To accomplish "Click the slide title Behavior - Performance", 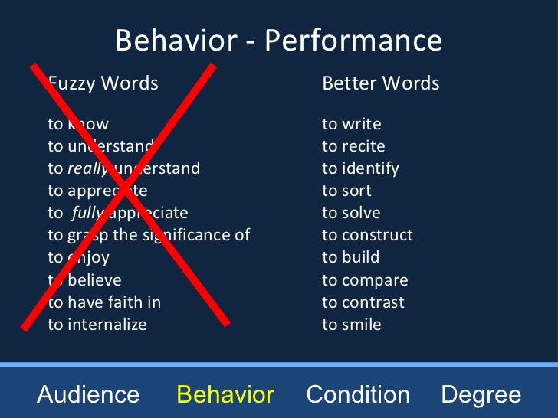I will click(278, 41).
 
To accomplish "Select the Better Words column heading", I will click(381, 83).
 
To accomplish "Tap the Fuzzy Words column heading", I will click(103, 83).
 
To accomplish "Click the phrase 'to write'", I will click(351, 124).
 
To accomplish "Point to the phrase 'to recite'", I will click(353, 146).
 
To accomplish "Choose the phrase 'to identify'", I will click(360, 168).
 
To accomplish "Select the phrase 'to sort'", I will click(346, 191).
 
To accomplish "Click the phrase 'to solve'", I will click(351, 213).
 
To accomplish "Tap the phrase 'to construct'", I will click(367, 235).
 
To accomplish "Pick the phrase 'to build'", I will click(350, 257).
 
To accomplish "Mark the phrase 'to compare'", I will click(365, 280).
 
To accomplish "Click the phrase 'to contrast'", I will click(363, 302).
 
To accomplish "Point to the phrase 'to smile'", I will click(351, 325).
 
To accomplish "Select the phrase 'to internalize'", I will click(97, 325).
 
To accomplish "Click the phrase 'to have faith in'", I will click(104, 302).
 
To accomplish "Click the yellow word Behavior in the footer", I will click(225, 395).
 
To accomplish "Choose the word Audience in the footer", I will click(88, 395).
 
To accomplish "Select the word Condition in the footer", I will click(358, 395).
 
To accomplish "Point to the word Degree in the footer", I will click(481, 395).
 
